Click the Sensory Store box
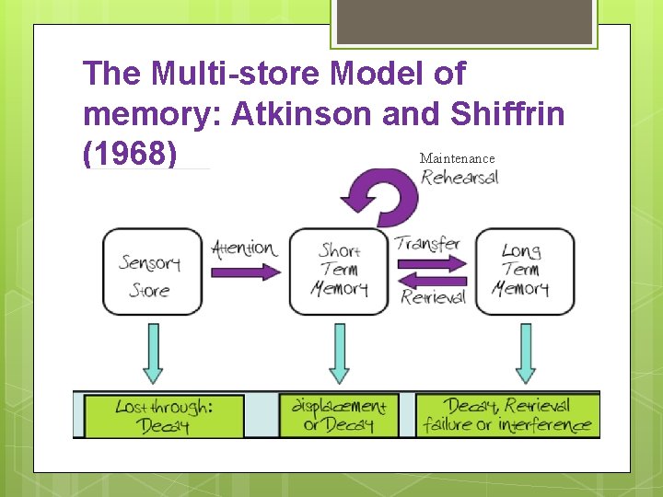tap(152, 272)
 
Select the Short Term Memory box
tap(339, 272)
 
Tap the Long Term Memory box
tap(524, 272)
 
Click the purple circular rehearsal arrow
tap(379, 194)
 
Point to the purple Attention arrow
tap(245, 272)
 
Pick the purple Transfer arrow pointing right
tap(431, 264)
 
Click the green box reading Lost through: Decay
tap(165, 415)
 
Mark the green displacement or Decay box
tap(339, 415)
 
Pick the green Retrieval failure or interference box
tap(507, 415)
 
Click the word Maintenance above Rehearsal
tap(457, 158)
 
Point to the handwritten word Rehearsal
tap(459, 177)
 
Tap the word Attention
tap(244, 248)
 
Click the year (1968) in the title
tap(129, 153)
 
